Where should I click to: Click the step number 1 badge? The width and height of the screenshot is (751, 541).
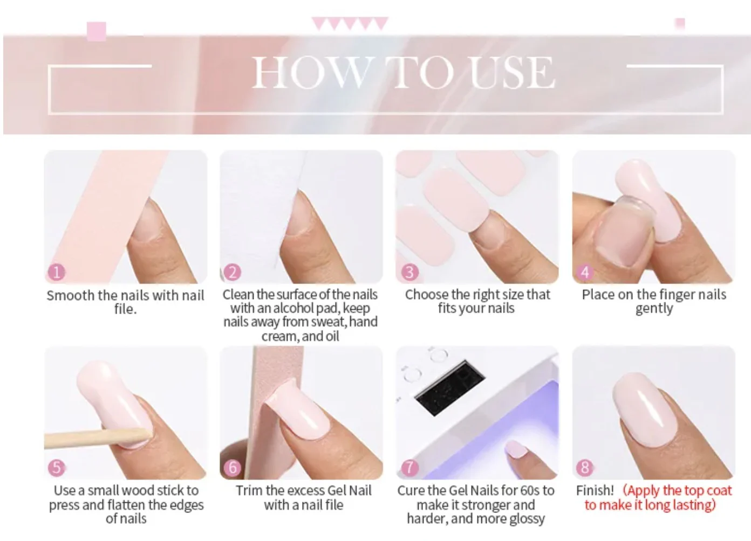pos(56,272)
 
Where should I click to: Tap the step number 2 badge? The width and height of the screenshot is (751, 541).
pos(233,272)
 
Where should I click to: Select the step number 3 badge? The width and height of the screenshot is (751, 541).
pos(409,272)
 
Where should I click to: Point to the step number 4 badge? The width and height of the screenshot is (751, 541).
pos(585,272)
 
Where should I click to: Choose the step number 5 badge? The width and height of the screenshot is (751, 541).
pos(56,467)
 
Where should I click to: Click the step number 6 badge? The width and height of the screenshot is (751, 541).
pos(233,467)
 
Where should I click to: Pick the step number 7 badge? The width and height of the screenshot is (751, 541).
pos(409,467)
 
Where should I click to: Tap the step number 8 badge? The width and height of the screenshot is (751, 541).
pos(585,467)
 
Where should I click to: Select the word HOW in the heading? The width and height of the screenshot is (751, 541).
pos(312,73)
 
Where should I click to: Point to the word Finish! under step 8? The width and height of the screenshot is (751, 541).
pos(595,490)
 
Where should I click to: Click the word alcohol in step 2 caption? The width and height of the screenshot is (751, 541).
pos(293,308)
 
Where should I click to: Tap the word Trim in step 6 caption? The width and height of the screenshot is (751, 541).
pos(249,490)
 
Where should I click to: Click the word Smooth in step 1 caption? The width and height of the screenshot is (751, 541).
pos(70,296)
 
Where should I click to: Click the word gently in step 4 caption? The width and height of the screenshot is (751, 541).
pos(654,309)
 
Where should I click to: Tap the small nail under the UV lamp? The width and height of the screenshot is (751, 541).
pos(516,449)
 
